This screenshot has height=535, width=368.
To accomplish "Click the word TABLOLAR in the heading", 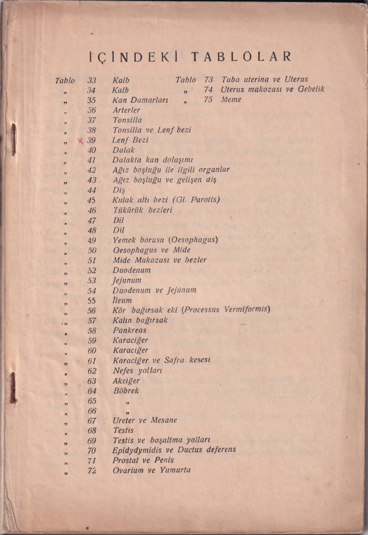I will [x=241, y=57].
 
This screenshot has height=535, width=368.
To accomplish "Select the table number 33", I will [x=92, y=80].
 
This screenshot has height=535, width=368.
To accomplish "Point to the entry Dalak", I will [x=123, y=150].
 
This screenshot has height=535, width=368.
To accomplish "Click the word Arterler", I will [x=126, y=110].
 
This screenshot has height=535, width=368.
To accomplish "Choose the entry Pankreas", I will [x=130, y=330].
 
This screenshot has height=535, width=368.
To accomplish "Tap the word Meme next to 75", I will [x=231, y=100].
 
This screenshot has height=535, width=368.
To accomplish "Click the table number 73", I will [x=208, y=80].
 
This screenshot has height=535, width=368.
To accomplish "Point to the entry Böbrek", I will [x=126, y=391].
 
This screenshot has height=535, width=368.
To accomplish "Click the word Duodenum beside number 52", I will [x=132, y=270].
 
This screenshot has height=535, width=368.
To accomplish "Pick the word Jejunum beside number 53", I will [x=127, y=280].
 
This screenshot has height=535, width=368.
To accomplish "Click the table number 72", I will [x=92, y=470].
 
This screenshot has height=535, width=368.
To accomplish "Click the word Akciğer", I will [x=126, y=381].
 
